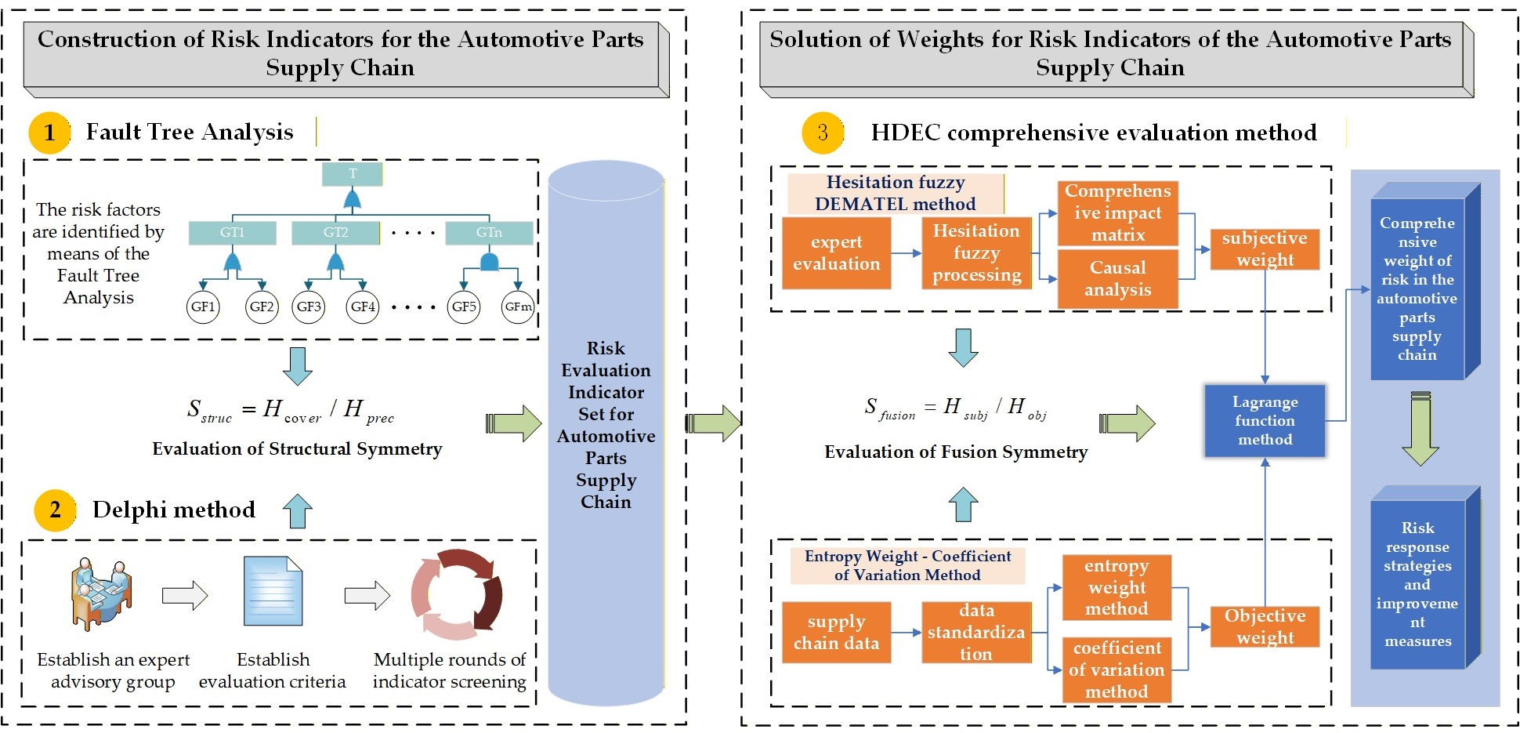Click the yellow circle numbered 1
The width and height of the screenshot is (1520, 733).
(49, 132)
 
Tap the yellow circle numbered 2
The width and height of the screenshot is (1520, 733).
(55, 510)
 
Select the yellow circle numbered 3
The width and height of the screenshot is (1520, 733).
(822, 132)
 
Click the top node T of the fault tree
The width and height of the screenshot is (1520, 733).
(353, 174)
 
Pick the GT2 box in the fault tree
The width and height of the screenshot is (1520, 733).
(335, 233)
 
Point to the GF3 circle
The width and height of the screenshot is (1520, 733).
(309, 307)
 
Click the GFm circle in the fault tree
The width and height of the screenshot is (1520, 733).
(518, 307)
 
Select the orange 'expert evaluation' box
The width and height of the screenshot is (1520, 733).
(836, 253)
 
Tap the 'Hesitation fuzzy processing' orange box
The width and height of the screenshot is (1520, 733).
(976, 253)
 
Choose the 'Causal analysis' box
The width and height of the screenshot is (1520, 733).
(1117, 279)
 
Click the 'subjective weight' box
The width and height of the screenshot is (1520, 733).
(1265, 249)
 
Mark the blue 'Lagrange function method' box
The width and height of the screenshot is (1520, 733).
(1265, 421)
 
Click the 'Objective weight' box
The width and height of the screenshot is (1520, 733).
(1265, 626)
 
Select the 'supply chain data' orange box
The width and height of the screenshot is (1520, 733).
(836, 633)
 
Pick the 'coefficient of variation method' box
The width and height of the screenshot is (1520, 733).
(1116, 669)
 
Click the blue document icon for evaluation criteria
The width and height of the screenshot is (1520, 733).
(273, 591)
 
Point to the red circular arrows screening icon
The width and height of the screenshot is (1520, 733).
(456, 594)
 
